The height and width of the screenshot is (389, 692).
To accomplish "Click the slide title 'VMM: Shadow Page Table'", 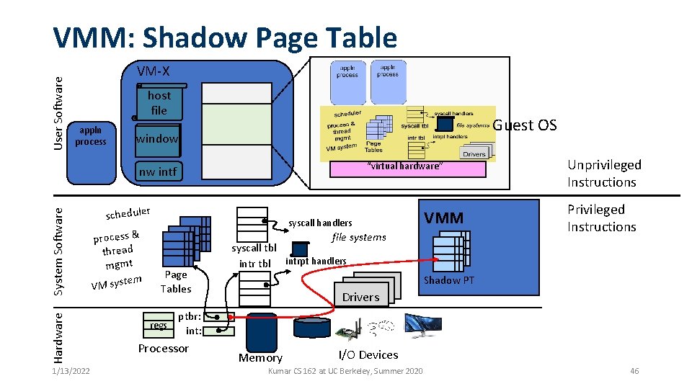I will [x=226, y=37].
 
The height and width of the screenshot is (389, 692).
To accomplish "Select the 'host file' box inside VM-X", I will [x=159, y=103].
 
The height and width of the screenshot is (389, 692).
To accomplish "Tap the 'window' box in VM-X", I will [x=157, y=138].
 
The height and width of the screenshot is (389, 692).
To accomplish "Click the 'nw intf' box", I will [x=157, y=171].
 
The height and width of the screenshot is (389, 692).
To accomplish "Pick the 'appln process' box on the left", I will [x=90, y=135].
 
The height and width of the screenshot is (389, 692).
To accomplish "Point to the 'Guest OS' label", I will [x=525, y=125].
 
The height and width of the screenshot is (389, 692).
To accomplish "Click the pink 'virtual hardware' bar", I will [x=407, y=168].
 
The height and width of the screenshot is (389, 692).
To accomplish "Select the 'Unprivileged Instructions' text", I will [x=603, y=173].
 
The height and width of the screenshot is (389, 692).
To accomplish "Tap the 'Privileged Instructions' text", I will [x=601, y=218].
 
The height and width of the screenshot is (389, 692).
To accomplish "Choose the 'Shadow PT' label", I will [x=449, y=280].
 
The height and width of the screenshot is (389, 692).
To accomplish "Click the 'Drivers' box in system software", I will [x=360, y=297].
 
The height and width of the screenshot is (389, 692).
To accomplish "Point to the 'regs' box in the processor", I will [x=158, y=325].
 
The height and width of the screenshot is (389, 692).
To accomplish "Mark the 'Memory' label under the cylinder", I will [x=260, y=357].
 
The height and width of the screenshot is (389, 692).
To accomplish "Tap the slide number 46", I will [x=634, y=371].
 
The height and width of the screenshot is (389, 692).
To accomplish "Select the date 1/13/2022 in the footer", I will [x=71, y=371].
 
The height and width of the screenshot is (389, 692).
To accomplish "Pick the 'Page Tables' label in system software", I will [x=176, y=282].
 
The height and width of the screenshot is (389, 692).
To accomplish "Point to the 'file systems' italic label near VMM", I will [x=358, y=237].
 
